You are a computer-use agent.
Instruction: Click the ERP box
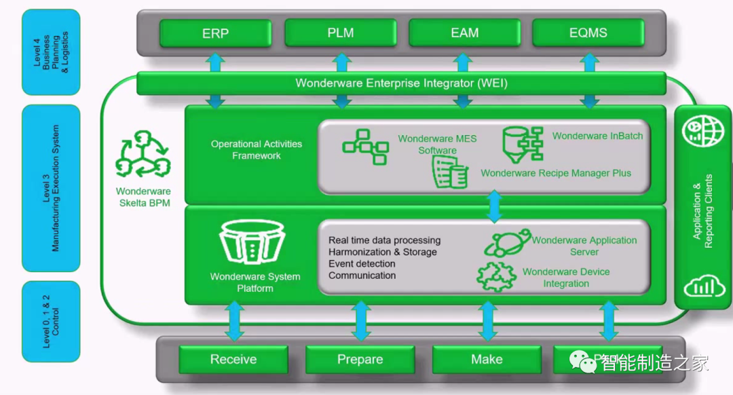(x=215, y=33)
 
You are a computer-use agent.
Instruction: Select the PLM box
(x=340, y=33)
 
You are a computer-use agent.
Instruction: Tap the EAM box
(x=464, y=33)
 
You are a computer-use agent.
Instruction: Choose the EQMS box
(x=588, y=33)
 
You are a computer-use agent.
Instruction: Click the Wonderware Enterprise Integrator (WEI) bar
(x=400, y=83)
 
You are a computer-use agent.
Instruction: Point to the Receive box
(x=233, y=360)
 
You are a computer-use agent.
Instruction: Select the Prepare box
(x=360, y=360)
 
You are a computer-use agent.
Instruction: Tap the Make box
(x=486, y=360)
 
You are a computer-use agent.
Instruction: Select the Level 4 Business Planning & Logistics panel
(x=51, y=52)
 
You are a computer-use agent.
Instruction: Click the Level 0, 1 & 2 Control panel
(x=51, y=322)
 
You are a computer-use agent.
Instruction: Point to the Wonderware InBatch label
(x=597, y=136)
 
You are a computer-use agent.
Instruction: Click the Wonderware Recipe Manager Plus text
(x=556, y=173)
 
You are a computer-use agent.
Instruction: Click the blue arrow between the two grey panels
(x=494, y=206)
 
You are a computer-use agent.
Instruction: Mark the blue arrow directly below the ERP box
(x=216, y=62)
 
